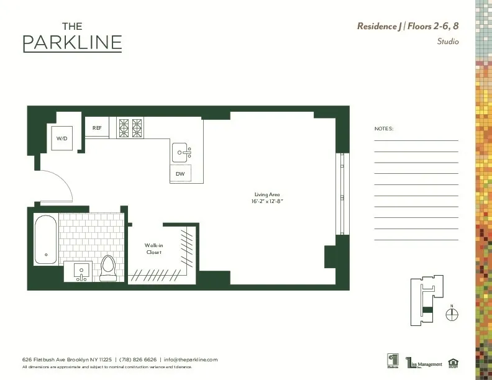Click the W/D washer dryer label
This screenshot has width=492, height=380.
pyautogui.click(x=62, y=138)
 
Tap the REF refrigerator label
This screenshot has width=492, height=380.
pyautogui.click(x=97, y=128)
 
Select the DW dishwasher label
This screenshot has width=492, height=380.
pyautogui.click(x=180, y=174)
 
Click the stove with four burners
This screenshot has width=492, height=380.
pyautogui.click(x=130, y=127)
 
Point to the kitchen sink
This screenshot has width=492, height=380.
pyautogui.click(x=182, y=151)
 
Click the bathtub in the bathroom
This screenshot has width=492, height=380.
pyautogui.click(x=45, y=239)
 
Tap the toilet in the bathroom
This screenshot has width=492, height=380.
pyautogui.click(x=109, y=268)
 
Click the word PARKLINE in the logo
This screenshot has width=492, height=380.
pyautogui.click(x=72, y=43)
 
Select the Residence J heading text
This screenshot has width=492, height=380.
pyautogui.click(x=380, y=26)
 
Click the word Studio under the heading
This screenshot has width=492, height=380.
pyautogui.click(x=447, y=42)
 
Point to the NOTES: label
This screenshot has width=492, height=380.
pyautogui.click(x=384, y=129)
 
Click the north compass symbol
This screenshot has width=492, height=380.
pyautogui.click(x=452, y=315)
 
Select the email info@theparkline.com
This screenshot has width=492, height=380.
pyautogui.click(x=191, y=360)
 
